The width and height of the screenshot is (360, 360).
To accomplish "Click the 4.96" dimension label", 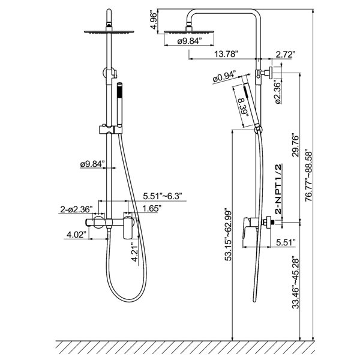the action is [x=154, y=20].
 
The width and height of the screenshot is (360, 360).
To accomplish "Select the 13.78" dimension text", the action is [x=226, y=54].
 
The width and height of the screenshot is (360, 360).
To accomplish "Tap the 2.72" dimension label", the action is [x=285, y=55].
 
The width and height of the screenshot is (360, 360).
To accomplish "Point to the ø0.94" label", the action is [x=224, y=77].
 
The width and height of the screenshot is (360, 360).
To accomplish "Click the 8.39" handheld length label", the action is [x=244, y=107].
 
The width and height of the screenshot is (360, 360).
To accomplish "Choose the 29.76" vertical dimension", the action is [x=295, y=145].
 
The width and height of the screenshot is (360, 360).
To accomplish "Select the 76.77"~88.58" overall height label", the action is [x=309, y=176].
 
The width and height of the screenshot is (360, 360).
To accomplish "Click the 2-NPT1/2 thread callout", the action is [x=278, y=189].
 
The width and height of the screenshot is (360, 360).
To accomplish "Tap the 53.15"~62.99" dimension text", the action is [x=229, y=235].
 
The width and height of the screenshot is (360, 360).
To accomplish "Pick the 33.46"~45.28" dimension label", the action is [x=296, y=283].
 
